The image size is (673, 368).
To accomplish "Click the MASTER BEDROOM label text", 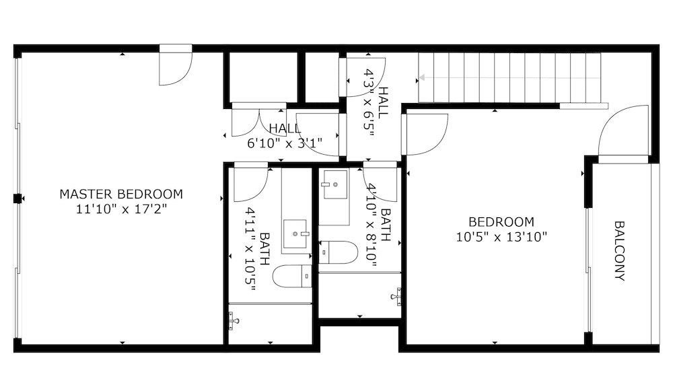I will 121,194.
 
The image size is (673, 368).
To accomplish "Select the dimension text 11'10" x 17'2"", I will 121,209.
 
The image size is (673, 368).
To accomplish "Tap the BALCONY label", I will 619,251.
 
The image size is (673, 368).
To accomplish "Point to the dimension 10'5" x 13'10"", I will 501,236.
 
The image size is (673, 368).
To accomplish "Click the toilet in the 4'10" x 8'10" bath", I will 340,253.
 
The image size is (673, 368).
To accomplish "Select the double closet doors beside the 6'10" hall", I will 258,121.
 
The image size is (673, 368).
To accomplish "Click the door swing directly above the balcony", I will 623,135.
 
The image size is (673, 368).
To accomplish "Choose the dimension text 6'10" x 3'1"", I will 285,143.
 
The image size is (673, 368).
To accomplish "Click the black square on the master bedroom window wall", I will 18,198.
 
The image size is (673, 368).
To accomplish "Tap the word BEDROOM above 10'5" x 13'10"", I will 501,222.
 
